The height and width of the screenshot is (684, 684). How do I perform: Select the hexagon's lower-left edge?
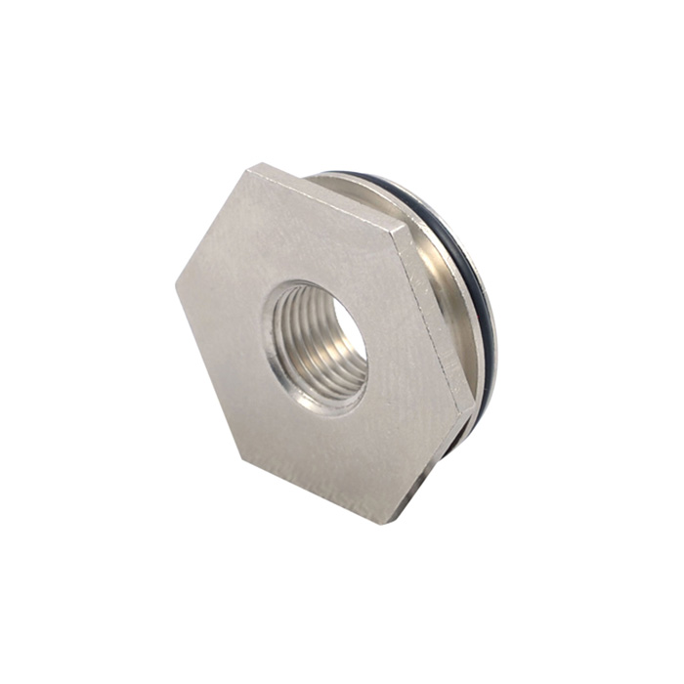[202, 360]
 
